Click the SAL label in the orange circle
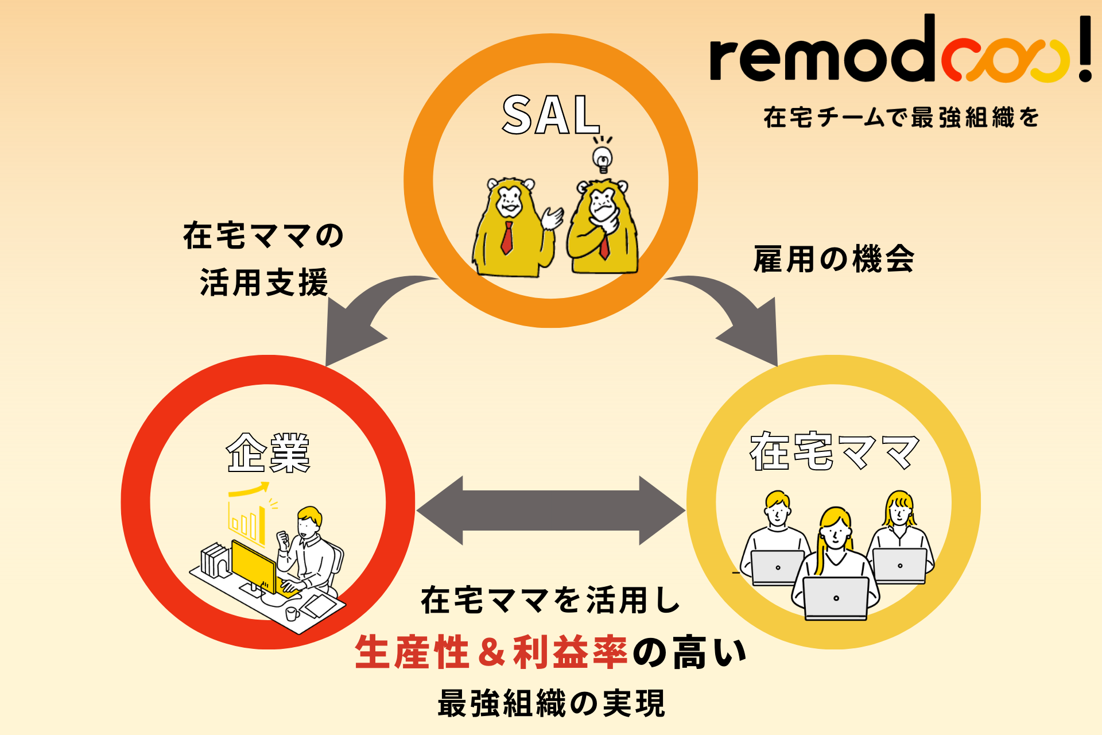tap(551, 115)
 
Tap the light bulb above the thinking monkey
tap(602, 158)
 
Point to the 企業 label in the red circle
tap(269, 453)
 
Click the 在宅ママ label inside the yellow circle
tap(834, 451)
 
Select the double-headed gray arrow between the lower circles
tap(551, 510)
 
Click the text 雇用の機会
tap(833, 259)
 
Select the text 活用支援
tap(264, 283)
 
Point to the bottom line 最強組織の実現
tap(551, 703)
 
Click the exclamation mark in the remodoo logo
tap(1084, 49)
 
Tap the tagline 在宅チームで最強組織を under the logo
tap(901, 118)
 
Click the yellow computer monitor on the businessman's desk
tap(253, 566)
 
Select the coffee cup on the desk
tap(292, 614)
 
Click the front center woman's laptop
tap(836, 598)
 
